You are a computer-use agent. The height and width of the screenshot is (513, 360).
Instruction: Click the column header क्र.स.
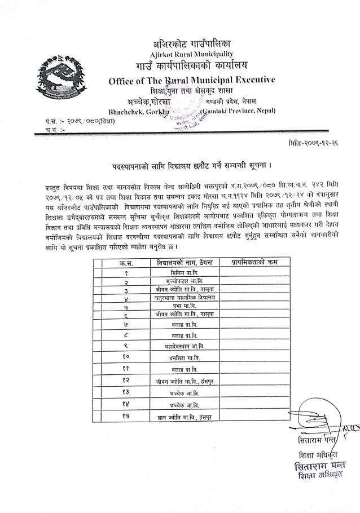coord(126,263)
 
